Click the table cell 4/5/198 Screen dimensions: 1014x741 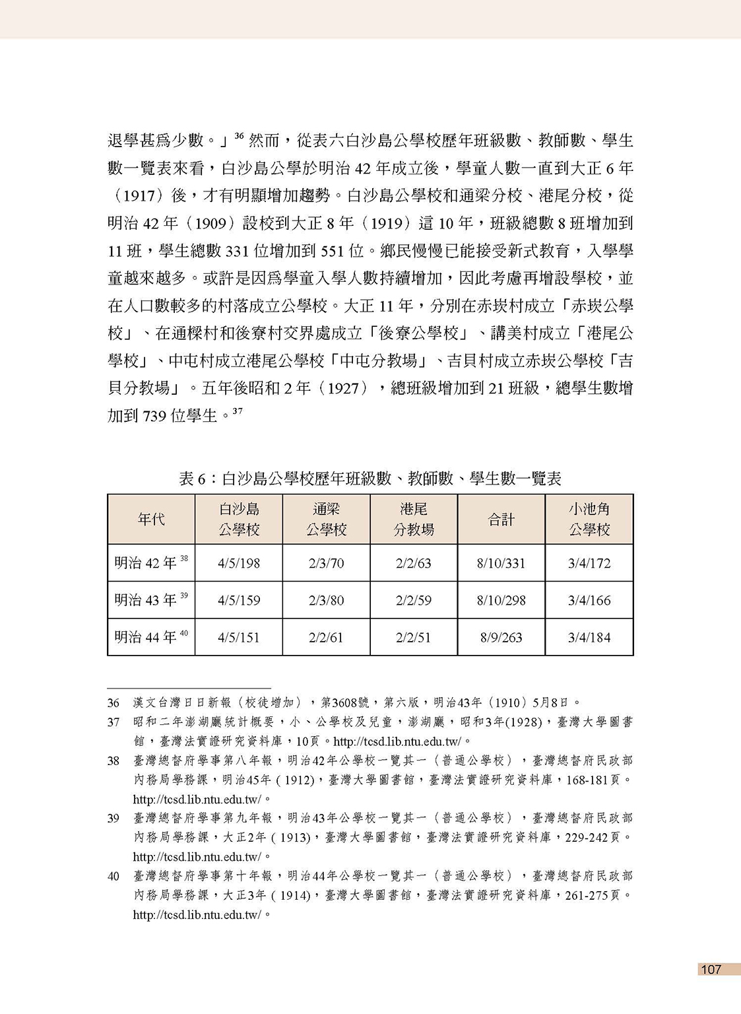(x=239, y=563)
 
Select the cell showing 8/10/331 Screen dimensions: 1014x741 (x=501, y=563)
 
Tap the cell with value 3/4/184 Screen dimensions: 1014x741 (x=589, y=637)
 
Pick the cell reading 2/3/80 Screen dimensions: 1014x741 (x=326, y=600)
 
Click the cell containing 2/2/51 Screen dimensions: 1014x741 (x=413, y=637)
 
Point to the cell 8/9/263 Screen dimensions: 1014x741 (x=501, y=637)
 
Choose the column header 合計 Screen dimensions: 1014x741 (x=501, y=520)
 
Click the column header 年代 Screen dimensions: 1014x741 (x=151, y=520)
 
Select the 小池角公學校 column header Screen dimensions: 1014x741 (x=589, y=520)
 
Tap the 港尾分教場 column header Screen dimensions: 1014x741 (x=413, y=520)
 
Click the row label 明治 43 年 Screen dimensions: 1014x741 (x=146, y=600)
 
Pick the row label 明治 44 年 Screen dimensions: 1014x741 (x=146, y=637)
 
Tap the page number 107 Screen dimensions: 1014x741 (x=711, y=969)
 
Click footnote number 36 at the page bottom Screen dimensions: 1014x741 (x=113, y=703)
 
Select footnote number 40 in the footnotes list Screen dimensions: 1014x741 (x=113, y=876)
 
